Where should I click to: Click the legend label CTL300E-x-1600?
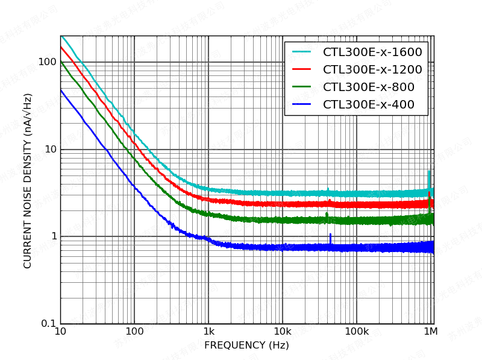click(x=372, y=52)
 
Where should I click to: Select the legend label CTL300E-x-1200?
click(x=372, y=70)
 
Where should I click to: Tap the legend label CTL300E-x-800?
click(x=369, y=87)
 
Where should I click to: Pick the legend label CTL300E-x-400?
click(x=369, y=105)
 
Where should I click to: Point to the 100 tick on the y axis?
click(x=46, y=62)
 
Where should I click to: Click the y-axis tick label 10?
click(x=49, y=150)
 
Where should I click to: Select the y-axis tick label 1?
click(x=53, y=236)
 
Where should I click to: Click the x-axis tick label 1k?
click(x=208, y=332)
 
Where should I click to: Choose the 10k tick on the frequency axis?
click(x=283, y=332)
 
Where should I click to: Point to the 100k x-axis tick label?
click(x=357, y=332)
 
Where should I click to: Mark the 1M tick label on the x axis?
click(x=430, y=332)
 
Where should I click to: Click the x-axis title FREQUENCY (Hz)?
click(x=246, y=346)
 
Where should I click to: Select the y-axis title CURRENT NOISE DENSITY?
click(x=28, y=181)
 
